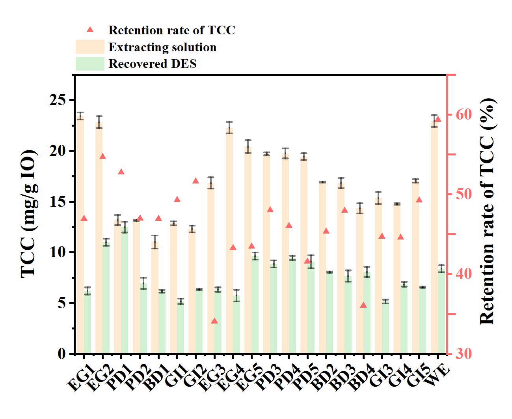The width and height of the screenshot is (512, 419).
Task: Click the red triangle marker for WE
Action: [438, 120]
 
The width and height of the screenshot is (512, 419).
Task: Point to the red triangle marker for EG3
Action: [214, 321]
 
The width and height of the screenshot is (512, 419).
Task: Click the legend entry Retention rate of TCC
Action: [171, 30]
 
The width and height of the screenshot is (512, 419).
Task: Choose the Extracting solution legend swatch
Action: [90, 47]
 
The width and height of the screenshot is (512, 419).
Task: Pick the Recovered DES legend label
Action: [152, 64]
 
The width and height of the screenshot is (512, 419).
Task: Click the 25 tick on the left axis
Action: [58, 100]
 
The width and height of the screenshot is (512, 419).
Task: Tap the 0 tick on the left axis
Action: [61, 354]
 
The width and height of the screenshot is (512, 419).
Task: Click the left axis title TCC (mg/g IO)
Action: [30, 213]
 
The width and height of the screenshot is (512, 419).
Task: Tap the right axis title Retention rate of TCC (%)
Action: [487, 211]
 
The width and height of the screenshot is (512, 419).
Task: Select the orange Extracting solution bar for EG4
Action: [229, 241]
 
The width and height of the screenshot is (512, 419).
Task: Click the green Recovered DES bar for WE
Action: [441, 312]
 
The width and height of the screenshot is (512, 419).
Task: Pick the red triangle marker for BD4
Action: [363, 305]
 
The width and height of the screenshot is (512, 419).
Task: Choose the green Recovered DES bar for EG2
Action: [106, 298]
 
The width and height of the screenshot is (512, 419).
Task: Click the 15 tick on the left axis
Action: [58, 202]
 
